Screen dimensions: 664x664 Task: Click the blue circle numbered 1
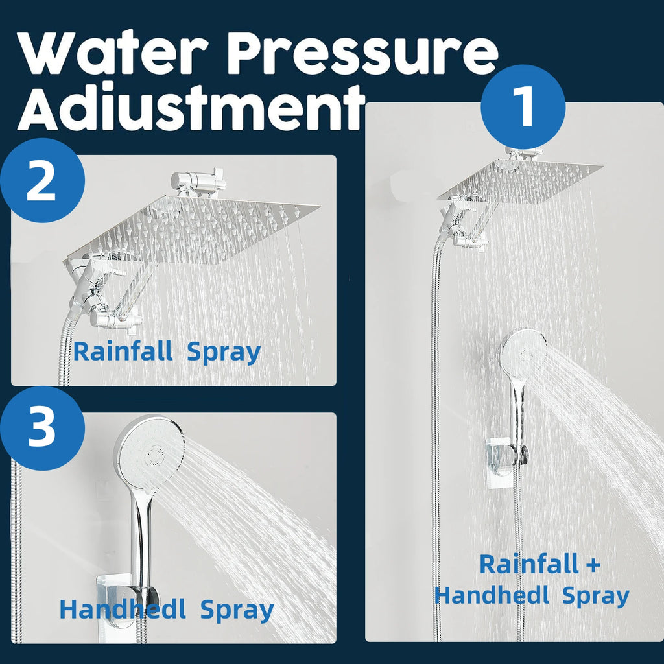[523, 106]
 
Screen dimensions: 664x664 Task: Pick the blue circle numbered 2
[42, 181]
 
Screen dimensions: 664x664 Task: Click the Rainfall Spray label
[167, 351]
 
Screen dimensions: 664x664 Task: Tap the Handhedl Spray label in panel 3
[167, 610]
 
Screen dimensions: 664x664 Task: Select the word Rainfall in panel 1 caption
[528, 564]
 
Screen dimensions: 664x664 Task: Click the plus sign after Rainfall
[593, 564]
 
